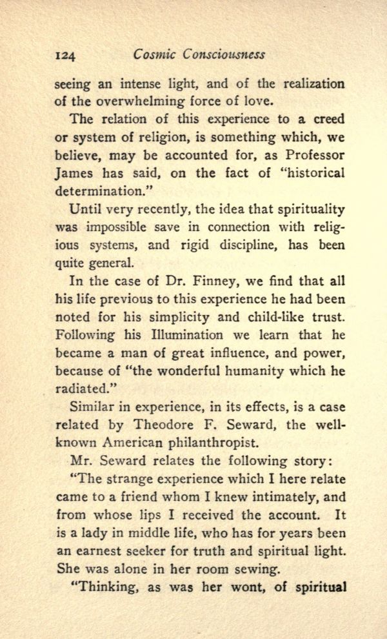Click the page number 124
tap(64, 56)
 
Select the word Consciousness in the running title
tap(223, 56)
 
